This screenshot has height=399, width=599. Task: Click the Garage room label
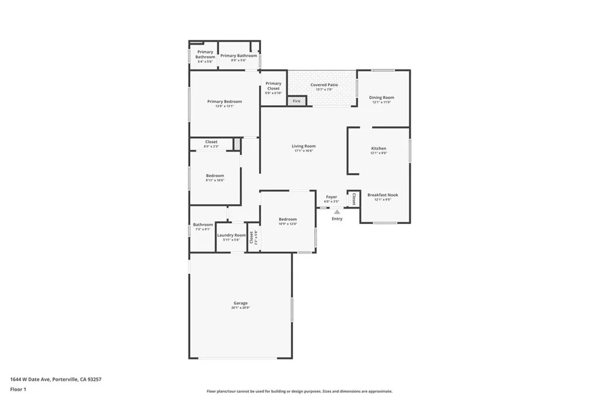(x=240, y=303)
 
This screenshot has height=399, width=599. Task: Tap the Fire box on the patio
(x=297, y=101)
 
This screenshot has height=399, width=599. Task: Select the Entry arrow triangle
(x=337, y=212)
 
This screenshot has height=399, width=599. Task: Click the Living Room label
(x=304, y=146)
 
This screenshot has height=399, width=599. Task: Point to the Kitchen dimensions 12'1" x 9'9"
(x=378, y=154)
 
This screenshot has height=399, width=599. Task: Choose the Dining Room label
(x=381, y=98)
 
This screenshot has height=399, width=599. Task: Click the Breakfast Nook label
(x=383, y=195)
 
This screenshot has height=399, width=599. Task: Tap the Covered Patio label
(x=324, y=85)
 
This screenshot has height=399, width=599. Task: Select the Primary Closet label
(x=273, y=85)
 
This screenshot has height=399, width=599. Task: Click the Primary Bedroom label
(x=225, y=102)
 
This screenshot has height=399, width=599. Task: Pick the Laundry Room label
(x=232, y=235)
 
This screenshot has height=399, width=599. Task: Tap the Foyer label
(x=332, y=197)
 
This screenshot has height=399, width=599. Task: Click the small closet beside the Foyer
(x=353, y=199)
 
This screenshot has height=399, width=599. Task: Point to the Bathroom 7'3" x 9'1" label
(x=203, y=225)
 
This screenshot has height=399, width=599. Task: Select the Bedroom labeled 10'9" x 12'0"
(x=287, y=219)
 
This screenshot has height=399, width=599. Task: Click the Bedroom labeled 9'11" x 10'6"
(x=215, y=176)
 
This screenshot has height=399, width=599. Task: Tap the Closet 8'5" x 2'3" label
(x=211, y=142)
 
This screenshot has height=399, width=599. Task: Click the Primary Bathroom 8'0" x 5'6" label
(x=238, y=56)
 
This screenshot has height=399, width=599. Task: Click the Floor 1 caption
(x=18, y=389)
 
